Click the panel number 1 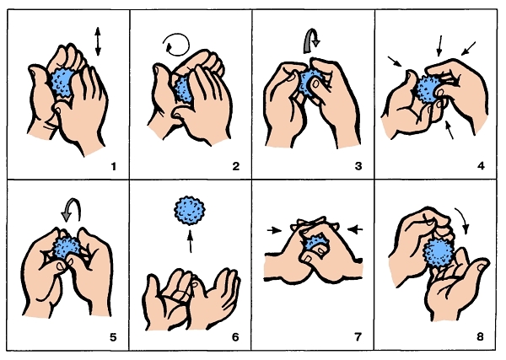(x=113, y=166)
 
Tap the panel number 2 (x=236, y=166)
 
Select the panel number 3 (x=358, y=166)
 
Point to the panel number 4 (x=481, y=166)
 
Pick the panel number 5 (x=113, y=337)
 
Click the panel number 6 (x=235, y=337)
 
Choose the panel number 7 (x=358, y=337)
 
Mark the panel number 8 (x=480, y=337)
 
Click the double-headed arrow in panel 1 (x=98, y=41)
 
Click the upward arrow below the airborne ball (x=191, y=241)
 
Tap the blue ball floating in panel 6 (x=190, y=211)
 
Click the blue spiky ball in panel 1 (x=62, y=83)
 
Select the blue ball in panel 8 (x=439, y=252)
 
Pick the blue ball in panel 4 (x=428, y=89)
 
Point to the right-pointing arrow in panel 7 (x=275, y=230)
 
